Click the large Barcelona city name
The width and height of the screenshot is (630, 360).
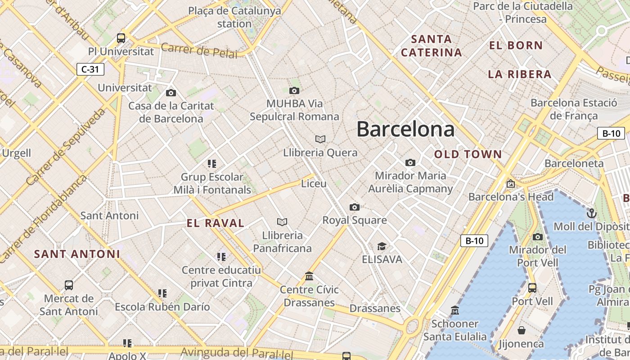405,129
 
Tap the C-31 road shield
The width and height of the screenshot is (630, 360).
90,69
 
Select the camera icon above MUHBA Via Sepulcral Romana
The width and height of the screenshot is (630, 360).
294,91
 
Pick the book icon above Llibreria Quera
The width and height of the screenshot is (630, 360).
320,139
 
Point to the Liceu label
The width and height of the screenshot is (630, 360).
314,184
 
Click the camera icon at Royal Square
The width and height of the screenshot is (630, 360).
355,207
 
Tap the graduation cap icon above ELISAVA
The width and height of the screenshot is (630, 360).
382,246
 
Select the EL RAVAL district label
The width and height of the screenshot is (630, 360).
216,223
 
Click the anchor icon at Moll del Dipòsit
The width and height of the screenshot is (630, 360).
591,213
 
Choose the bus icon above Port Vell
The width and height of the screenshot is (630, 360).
532,288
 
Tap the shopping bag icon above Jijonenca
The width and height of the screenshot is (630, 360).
522,331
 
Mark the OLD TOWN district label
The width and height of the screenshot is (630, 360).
468,154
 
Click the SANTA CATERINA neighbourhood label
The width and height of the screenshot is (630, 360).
431,46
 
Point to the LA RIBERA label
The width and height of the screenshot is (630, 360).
520,74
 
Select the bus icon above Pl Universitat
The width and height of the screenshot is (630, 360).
121,38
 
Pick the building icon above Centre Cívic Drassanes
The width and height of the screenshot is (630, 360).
309,276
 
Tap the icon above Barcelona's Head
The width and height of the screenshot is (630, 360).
510,184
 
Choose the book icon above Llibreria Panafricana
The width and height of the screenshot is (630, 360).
282,222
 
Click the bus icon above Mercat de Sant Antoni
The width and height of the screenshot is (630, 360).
68,285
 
